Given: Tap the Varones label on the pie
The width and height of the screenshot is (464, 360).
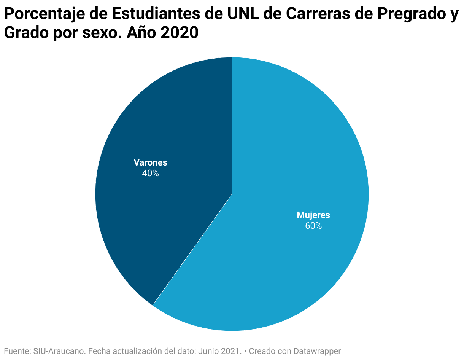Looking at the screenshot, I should (x=150, y=162).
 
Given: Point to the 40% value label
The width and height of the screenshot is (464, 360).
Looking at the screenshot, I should (x=150, y=173).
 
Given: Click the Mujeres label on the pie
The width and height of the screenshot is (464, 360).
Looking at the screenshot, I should (x=313, y=215).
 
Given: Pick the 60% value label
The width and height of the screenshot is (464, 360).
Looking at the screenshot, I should (x=313, y=226).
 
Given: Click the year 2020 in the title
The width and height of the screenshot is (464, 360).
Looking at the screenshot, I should (x=179, y=33).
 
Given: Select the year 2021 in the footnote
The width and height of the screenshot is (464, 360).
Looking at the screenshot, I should (x=232, y=351).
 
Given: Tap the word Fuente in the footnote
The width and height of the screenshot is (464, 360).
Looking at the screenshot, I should (x=15, y=351).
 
